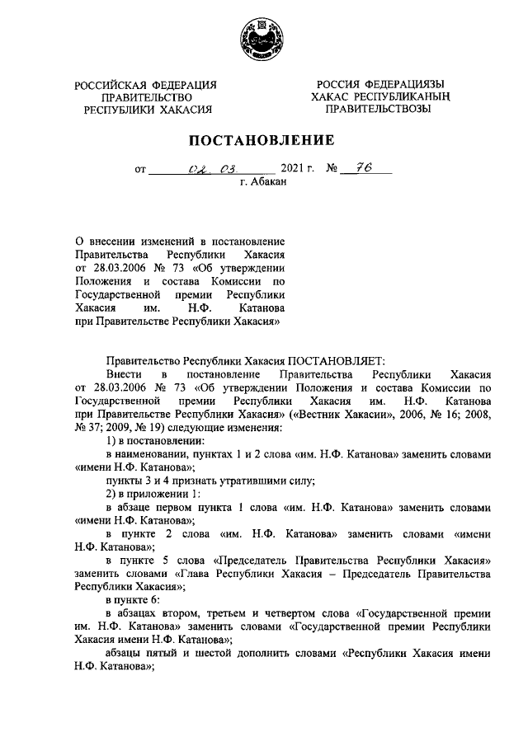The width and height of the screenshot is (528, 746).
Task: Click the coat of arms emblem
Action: (x=264, y=40)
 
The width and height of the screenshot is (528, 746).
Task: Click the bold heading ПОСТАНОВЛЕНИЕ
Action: (x=263, y=139)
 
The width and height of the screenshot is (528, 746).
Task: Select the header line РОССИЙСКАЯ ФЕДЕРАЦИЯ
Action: (x=145, y=85)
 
